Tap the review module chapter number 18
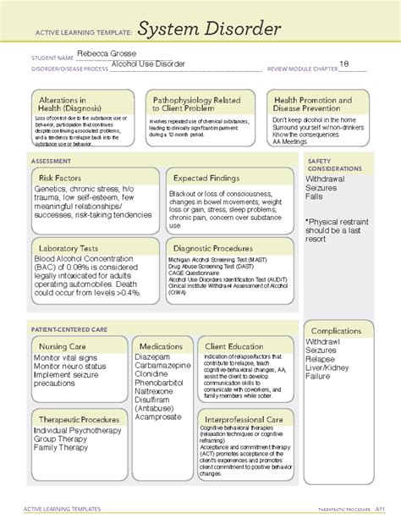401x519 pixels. pos(344,63)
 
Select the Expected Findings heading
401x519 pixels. pos(206,178)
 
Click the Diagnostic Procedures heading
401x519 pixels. pos(216,249)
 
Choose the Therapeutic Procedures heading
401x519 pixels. pos(80,419)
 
